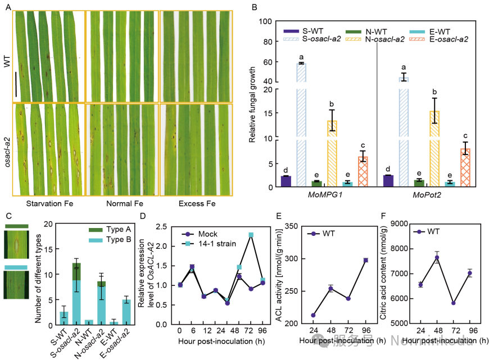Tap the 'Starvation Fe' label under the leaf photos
[x=49, y=202]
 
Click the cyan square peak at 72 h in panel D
[x=251, y=235]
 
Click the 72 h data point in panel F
[x=453, y=303]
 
